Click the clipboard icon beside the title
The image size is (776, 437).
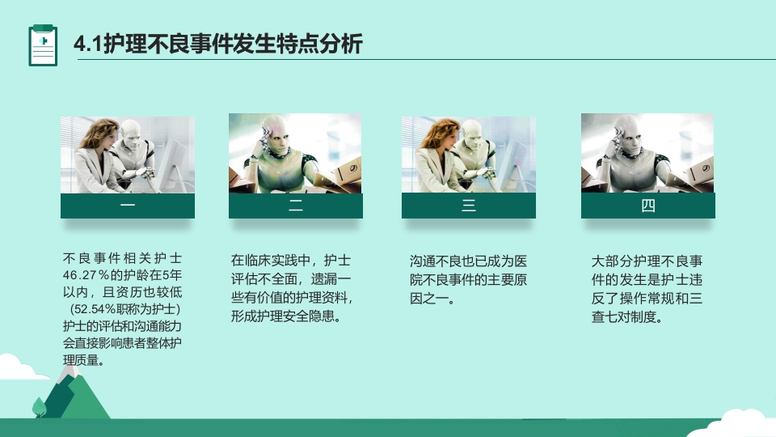pos(43,45)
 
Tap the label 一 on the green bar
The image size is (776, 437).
pos(128,206)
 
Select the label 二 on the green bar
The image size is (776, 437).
pos(296,206)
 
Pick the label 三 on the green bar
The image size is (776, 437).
pos(469,206)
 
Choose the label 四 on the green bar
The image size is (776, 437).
pos(648,206)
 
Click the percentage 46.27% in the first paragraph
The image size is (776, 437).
pos(84,275)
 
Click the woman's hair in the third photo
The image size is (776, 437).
pos(436,129)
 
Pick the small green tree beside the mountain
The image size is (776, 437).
pos(39,406)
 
